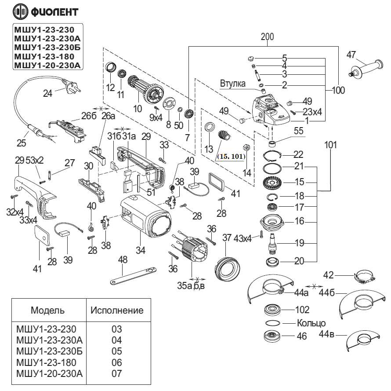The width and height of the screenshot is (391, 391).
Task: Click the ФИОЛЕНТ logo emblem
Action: [x=21, y=11]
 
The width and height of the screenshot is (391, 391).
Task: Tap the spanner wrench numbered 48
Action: [x=133, y=275]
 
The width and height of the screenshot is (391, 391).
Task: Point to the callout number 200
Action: [x=267, y=37]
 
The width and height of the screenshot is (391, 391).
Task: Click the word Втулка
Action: [x=233, y=84]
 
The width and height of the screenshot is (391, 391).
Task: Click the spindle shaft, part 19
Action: [x=272, y=243]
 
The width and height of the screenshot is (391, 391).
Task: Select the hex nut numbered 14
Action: [x=247, y=147]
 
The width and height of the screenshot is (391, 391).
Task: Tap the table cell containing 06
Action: [x=117, y=362]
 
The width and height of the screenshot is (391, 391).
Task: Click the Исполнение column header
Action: [x=117, y=311]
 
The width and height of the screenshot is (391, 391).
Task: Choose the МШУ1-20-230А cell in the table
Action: [x=49, y=374]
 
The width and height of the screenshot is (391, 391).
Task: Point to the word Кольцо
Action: [x=311, y=323]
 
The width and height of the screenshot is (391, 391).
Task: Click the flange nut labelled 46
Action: [x=272, y=336]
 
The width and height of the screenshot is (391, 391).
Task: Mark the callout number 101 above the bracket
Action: [x=330, y=145]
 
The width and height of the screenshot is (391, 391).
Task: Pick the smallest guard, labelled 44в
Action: [x=363, y=340]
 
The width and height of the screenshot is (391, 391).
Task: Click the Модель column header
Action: [x=47, y=311]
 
